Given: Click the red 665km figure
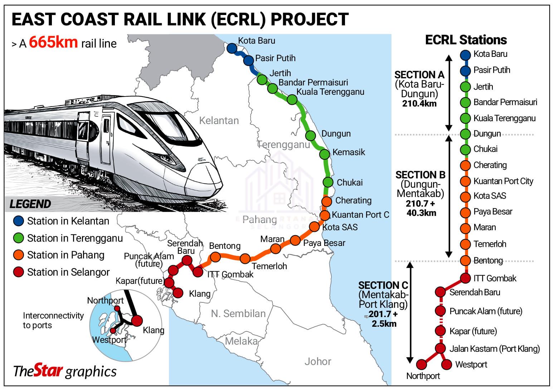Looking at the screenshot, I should coord(53,42).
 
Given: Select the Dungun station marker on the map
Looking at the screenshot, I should coord(311,135).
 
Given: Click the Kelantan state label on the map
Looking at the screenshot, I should coord(219,120).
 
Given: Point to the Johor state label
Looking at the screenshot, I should coord(318,361).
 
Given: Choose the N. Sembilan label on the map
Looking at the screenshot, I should coord(238,314).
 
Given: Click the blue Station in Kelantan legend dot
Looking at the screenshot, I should coord(18,221).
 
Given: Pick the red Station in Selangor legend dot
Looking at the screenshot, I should coord(18,272).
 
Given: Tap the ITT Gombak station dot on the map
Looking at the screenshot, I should coord(198,272).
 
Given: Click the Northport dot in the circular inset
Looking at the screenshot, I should coord(117,308).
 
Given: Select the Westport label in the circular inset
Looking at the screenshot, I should coord(109,340).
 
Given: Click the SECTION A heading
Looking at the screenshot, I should coord(419,75).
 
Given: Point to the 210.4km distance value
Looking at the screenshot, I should coord(419,104).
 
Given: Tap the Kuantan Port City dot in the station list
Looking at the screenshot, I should coord(465,181).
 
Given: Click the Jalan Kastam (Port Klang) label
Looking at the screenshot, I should coord(494,349).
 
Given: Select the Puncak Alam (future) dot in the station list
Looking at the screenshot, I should coord(440,311).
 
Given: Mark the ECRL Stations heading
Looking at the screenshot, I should coord(466,40).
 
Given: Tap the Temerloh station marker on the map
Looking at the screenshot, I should coord(245,258).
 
